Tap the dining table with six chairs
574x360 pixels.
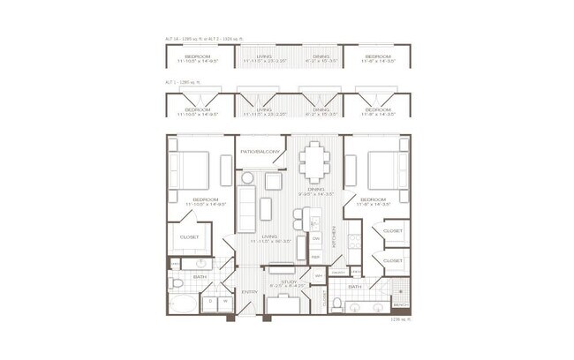314,162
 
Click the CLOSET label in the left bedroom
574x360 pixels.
189,237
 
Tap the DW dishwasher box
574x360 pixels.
315,238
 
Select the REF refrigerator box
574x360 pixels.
314,257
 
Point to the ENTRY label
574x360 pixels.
250,292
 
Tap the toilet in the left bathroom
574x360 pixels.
177,283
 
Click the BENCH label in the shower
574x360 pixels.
400,304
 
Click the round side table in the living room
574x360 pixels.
247,178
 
